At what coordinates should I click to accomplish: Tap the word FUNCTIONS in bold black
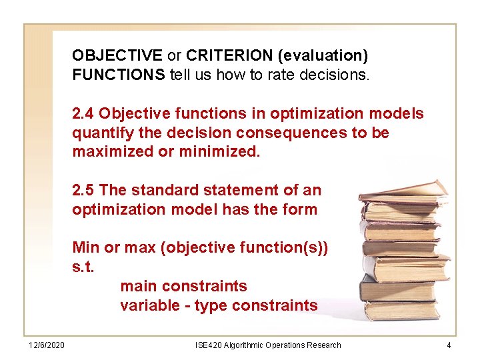coord(119,75)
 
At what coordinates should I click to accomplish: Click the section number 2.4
coord(84,113)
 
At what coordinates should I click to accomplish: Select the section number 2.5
coord(84,190)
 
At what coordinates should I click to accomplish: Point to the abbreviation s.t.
coord(83,267)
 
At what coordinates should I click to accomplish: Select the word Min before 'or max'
coord(86,247)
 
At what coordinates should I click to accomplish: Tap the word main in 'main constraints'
coord(137,286)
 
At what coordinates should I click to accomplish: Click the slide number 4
coord(449,345)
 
